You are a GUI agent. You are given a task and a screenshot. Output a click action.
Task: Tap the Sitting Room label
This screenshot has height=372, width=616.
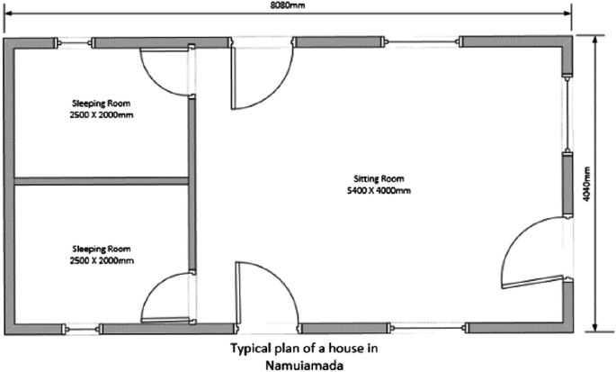coord(370,179)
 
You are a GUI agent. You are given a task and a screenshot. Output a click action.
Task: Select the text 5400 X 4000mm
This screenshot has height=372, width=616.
coord(370,190)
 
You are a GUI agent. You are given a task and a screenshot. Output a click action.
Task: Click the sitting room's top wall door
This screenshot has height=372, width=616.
coord(263,76)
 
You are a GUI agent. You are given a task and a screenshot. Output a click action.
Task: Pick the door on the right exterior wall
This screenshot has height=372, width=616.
coord(530,253)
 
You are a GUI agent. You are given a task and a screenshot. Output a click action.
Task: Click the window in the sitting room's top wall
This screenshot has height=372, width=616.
coord(423,41)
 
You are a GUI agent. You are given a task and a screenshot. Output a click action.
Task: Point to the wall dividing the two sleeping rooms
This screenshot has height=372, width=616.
coord(102,180)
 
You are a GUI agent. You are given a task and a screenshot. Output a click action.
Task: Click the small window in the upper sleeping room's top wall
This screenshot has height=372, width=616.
coord(76,41)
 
